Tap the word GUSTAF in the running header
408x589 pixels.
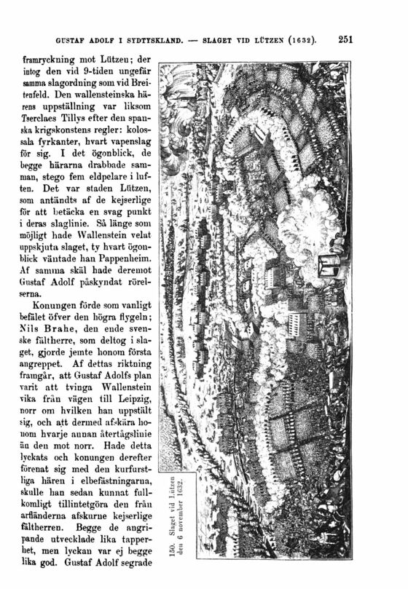click(63, 39)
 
